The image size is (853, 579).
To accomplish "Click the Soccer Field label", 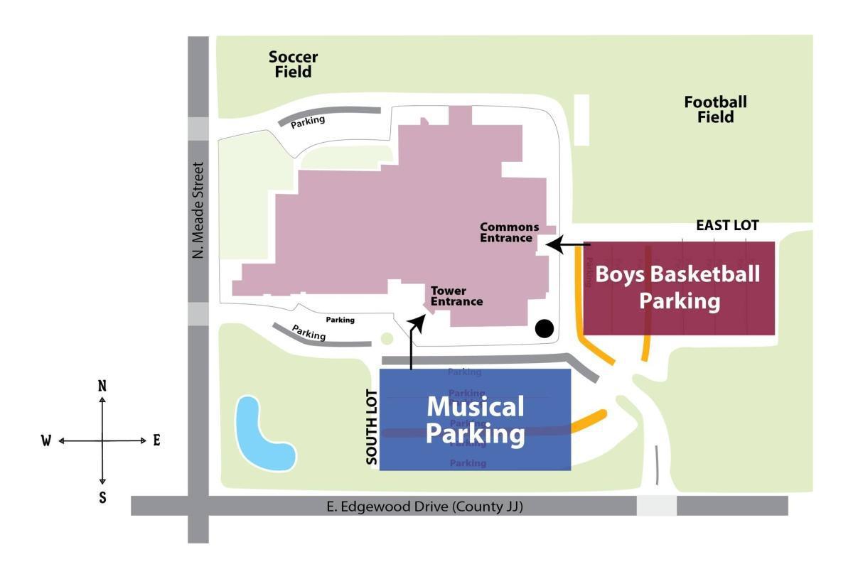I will (293, 64).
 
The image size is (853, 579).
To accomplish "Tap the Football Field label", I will (715, 109).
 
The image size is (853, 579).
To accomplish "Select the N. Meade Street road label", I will (198, 211).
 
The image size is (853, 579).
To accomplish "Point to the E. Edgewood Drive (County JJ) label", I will (425, 507).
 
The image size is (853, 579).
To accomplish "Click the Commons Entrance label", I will (509, 232).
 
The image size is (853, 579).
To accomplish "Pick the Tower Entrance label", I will (456, 296).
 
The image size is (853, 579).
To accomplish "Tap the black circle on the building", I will (544, 328).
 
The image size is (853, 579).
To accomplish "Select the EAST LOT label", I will (727, 226).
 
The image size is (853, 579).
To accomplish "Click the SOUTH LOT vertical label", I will (371, 431).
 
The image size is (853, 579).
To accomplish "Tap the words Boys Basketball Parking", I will (678, 287).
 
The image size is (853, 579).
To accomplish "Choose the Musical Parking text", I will (475, 420).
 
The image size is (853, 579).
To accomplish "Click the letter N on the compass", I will (102, 386).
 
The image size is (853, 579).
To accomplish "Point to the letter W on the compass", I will (46, 441).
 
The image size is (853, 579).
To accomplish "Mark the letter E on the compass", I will (156, 440).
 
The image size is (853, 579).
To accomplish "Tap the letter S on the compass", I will (102, 497).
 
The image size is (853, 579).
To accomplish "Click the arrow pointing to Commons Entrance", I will (570, 245).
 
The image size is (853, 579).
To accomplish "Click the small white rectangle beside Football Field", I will (581, 120).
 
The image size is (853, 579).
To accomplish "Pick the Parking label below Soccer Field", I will (308, 121).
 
